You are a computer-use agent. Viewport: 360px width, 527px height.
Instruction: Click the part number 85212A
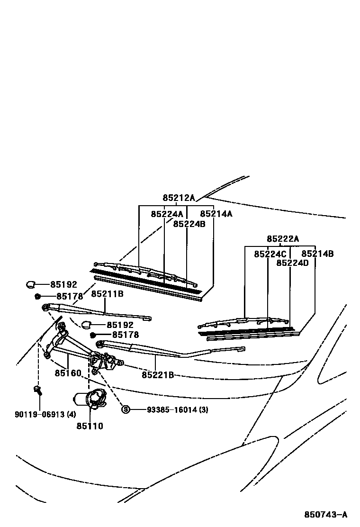coord(179,198)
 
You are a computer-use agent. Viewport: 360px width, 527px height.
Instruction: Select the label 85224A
coord(167,214)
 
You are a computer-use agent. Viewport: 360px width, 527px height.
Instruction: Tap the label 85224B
coord(189,224)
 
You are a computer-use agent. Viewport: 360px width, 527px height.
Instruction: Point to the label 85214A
coord(216,214)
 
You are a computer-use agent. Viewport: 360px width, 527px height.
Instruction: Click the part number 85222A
coord(283,239)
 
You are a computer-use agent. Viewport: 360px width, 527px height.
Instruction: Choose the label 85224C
coord(270,254)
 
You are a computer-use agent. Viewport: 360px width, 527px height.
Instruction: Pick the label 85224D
coord(292,263)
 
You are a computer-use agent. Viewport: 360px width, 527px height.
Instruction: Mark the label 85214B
coord(317,254)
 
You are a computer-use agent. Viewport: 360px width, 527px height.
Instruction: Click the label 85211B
coord(107,294)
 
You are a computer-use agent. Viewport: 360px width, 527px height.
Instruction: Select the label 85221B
coord(158,375)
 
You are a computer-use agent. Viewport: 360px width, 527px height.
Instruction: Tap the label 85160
coord(68,373)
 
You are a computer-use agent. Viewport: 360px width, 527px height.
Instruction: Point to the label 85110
coord(90,426)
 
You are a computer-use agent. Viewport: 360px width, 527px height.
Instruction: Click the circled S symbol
coord(126,409)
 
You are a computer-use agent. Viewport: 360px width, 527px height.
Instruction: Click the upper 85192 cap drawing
coord(30,284)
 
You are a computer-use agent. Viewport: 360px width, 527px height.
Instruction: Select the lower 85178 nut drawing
coord(93,335)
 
